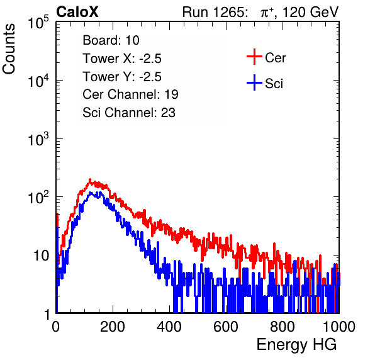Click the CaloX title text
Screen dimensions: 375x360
[x=77, y=12]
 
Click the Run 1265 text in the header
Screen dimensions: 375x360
[x=215, y=12]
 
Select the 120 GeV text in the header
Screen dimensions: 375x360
[x=311, y=12]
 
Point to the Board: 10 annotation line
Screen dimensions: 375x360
[x=111, y=40]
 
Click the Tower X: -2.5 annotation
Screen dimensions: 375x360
[x=122, y=59]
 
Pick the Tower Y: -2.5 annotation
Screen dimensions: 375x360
[x=122, y=77]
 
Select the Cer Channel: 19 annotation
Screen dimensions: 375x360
[x=130, y=94]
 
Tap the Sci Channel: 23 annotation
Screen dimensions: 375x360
[x=129, y=113]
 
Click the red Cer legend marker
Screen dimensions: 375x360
[x=254, y=57]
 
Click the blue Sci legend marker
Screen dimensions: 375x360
[x=254, y=82]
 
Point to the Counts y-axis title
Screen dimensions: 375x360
[x=9, y=49]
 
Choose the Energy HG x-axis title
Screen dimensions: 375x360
[x=296, y=345]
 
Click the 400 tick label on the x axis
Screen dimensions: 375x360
[x=169, y=327]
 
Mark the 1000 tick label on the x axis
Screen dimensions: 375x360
[x=339, y=327]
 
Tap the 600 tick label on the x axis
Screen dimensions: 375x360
[x=225, y=327]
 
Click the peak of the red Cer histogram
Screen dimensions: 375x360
[x=90, y=179]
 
